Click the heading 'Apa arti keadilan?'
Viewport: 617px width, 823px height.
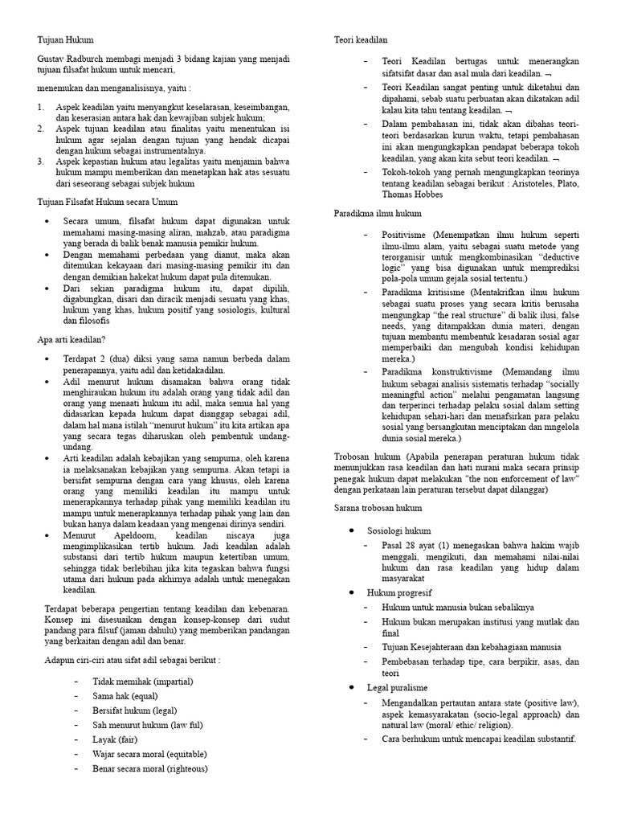[x=72, y=341]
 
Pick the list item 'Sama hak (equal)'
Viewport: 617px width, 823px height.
[x=125, y=696]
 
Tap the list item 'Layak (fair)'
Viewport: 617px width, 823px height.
[x=117, y=739]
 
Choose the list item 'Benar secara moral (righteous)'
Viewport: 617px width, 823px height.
[x=150, y=768]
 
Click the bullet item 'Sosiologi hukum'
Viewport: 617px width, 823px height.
[x=399, y=530]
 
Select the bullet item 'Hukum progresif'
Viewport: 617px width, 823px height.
[x=400, y=592]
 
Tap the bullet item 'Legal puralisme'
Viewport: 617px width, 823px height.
[x=398, y=688]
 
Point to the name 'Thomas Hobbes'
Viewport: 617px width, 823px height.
[x=410, y=194]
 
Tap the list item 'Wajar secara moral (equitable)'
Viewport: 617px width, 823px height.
[x=150, y=754]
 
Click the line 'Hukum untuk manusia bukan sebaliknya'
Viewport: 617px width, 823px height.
[x=458, y=608]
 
